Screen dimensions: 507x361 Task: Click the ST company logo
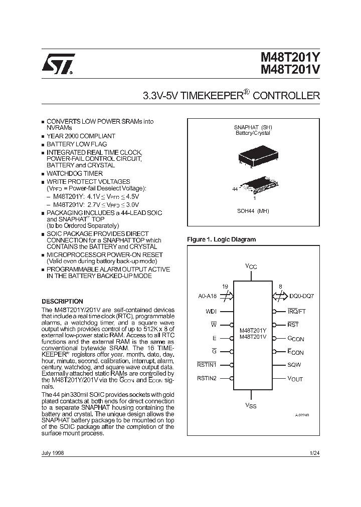tap(59, 65)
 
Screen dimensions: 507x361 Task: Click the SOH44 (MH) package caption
tap(253, 211)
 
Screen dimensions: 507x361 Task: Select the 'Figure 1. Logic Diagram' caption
tap(221, 239)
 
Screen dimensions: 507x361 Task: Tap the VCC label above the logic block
tap(251, 266)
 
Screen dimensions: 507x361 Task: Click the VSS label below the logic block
tap(251, 405)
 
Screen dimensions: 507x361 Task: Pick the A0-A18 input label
tap(208, 296)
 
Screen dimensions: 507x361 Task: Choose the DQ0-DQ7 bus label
tap(301, 296)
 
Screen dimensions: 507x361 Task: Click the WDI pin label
tap(211, 312)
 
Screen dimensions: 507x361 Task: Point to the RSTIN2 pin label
tap(207, 379)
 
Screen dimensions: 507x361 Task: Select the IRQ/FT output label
tap(297, 312)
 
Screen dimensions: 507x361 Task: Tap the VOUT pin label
tap(295, 379)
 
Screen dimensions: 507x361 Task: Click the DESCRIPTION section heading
tap(62, 302)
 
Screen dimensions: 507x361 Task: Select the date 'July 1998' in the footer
tap(53, 452)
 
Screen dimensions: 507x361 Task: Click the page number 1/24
tap(315, 452)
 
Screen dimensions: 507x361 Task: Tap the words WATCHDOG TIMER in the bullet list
tap(75, 173)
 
